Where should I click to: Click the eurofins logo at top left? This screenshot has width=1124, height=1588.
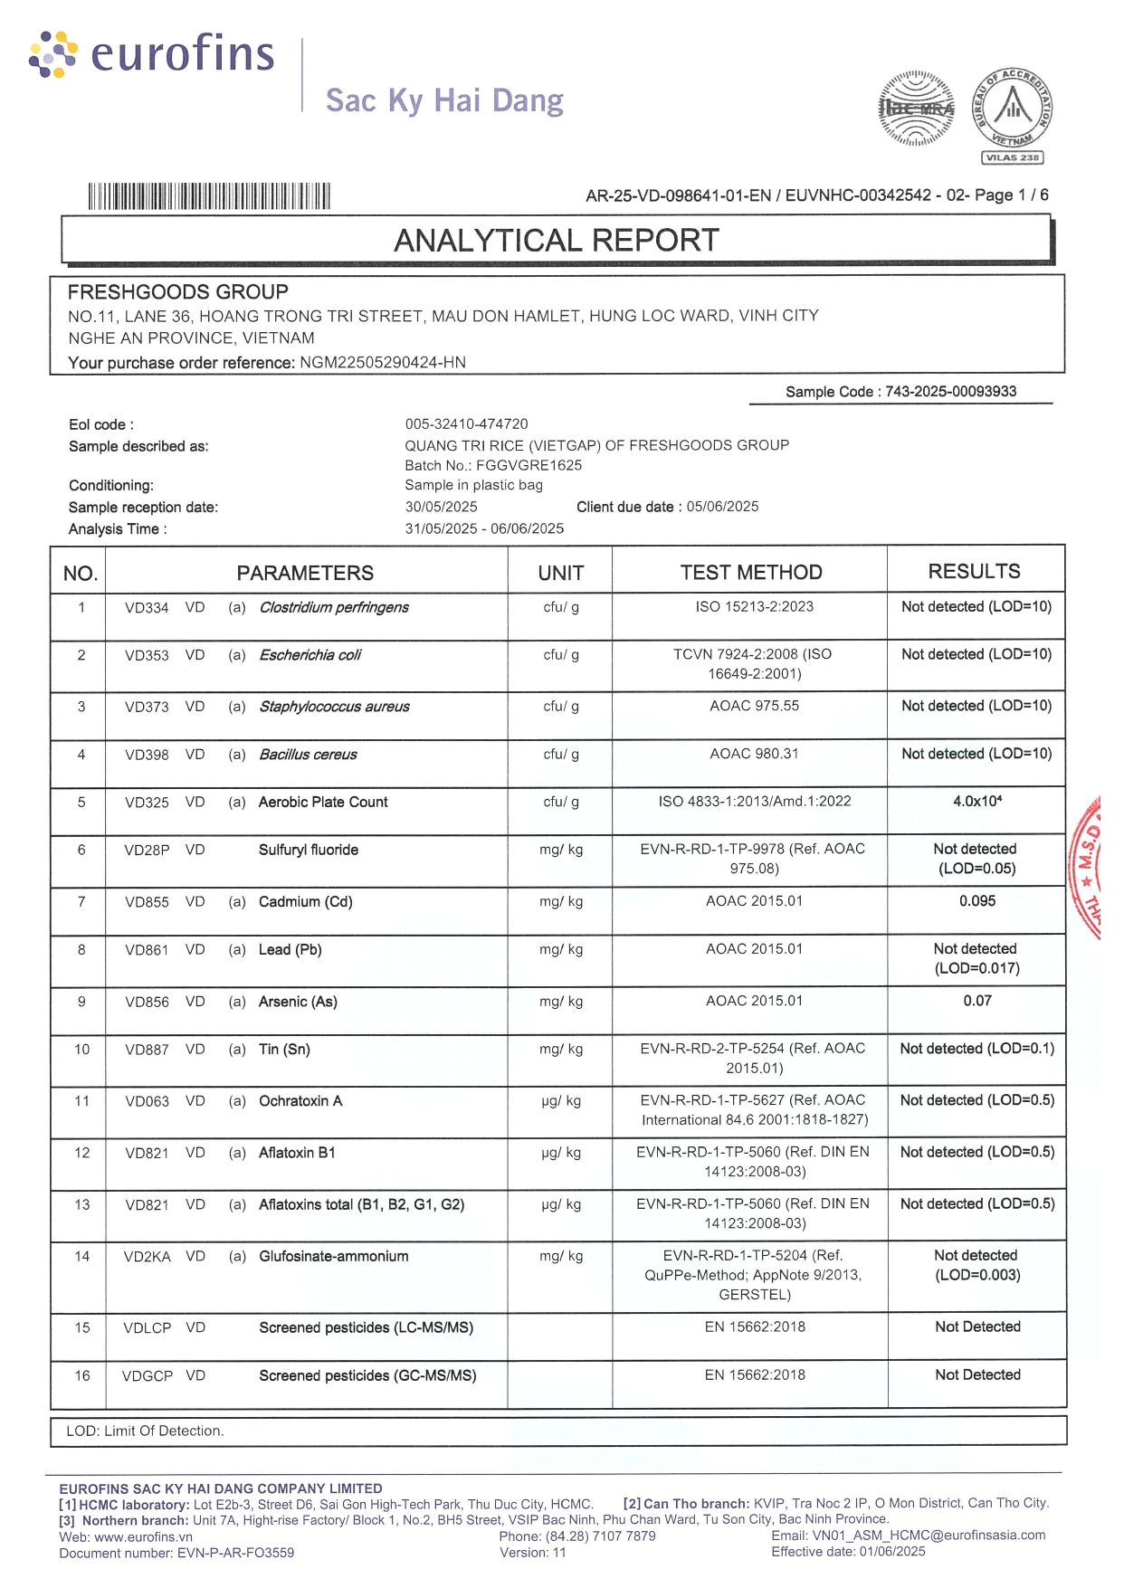(151, 54)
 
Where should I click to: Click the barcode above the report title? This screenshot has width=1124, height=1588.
(209, 196)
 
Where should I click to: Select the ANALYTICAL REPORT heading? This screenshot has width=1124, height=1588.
(557, 241)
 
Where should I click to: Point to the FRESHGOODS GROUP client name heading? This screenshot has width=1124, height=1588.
(178, 292)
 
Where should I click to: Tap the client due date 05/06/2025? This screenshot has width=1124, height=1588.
(722, 507)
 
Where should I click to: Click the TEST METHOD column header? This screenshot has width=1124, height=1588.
(751, 573)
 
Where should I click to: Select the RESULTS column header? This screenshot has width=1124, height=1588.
(974, 572)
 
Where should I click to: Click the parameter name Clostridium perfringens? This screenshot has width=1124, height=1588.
(334, 607)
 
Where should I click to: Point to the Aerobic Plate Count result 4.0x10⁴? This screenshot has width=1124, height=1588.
(976, 802)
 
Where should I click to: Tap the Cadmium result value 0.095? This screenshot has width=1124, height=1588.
(977, 901)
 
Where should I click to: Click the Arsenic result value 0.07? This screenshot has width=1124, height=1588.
(977, 1001)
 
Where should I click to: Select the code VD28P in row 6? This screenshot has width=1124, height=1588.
(147, 850)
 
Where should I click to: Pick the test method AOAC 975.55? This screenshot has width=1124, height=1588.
(754, 706)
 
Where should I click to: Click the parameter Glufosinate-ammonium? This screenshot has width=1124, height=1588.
(333, 1256)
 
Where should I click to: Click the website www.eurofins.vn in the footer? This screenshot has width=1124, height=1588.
(143, 1536)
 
